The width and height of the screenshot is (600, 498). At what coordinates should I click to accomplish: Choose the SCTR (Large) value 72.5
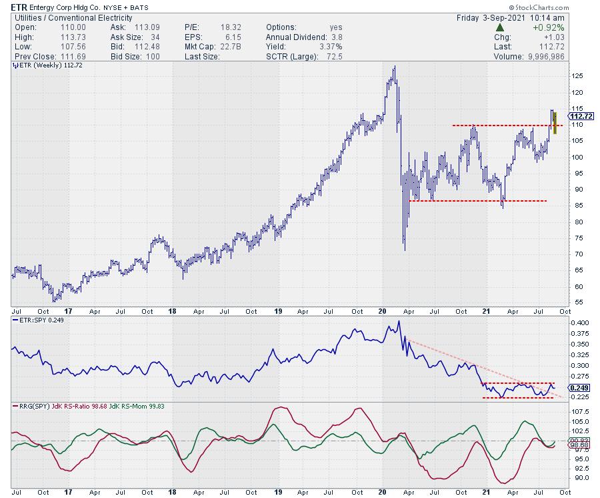331,56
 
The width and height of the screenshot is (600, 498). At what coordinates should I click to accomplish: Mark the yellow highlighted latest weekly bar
555,123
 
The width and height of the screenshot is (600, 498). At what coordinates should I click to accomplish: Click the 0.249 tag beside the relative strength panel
578,387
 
